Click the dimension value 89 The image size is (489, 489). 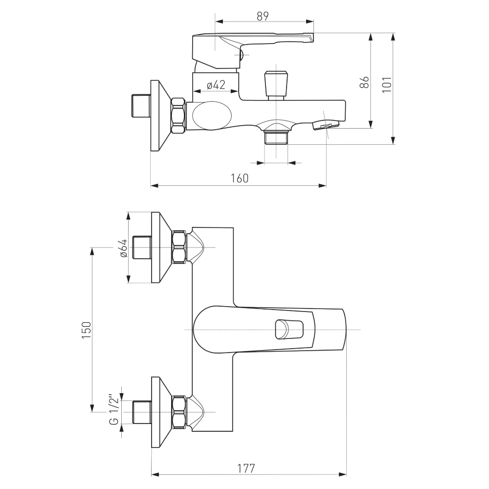pyautogui.click(x=263, y=16)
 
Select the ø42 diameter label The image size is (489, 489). pyautogui.click(x=216, y=85)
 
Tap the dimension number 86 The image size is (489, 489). pyautogui.click(x=365, y=82)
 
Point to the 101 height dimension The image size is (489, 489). pyautogui.click(x=387, y=84)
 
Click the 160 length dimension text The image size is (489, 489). pyautogui.click(x=240, y=178)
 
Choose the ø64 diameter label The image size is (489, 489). pyautogui.click(x=124, y=248)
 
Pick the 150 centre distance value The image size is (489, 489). pyautogui.click(x=87, y=330)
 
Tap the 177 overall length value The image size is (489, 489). pyautogui.click(x=246, y=468)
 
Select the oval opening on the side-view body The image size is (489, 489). pyautogui.click(x=212, y=116)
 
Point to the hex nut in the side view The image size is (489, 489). pyautogui.click(x=178, y=116)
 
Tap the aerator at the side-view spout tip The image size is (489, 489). pyautogui.click(x=326, y=125)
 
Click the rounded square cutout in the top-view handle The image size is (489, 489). pyautogui.click(x=289, y=330)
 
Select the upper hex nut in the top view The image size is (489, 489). pyautogui.click(x=179, y=247)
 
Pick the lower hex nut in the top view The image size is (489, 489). pyautogui.click(x=179, y=412)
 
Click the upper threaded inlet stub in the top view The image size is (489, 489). pyautogui.click(x=142, y=247)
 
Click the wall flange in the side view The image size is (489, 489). pyautogui.click(x=160, y=116)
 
